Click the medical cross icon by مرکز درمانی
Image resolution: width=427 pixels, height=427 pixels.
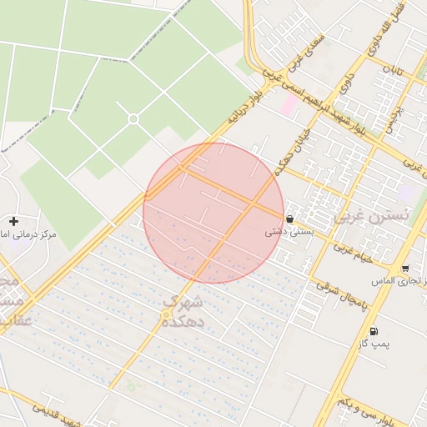tap(13, 221)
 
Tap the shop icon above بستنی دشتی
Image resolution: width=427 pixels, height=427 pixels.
tap(289, 219)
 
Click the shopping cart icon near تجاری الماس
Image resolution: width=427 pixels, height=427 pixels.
tap(404, 269)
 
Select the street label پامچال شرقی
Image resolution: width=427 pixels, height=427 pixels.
tap(337, 291)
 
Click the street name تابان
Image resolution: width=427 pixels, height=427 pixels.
tap(393, 71)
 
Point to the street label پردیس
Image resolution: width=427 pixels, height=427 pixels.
tap(393, 115)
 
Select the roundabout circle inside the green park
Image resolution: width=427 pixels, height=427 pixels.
tap(133, 119)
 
